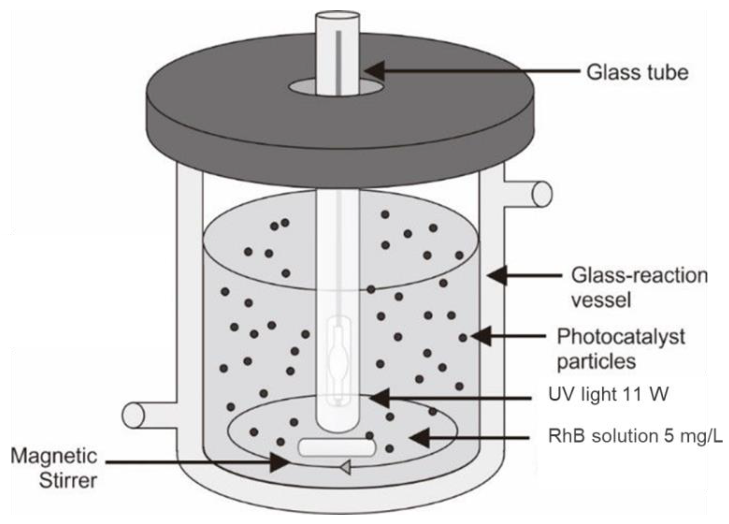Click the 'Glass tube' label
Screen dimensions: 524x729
tap(637, 72)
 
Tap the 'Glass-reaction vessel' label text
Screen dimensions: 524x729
tap(639, 288)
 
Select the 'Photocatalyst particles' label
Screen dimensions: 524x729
tap(620, 349)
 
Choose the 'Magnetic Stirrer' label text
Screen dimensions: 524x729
tap(54, 468)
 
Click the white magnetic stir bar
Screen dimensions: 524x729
tap(337, 448)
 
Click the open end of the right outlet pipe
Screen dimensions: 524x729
tap(542, 194)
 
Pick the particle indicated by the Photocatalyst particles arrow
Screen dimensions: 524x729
tap(463, 338)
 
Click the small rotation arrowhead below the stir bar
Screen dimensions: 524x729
tap(345, 467)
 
